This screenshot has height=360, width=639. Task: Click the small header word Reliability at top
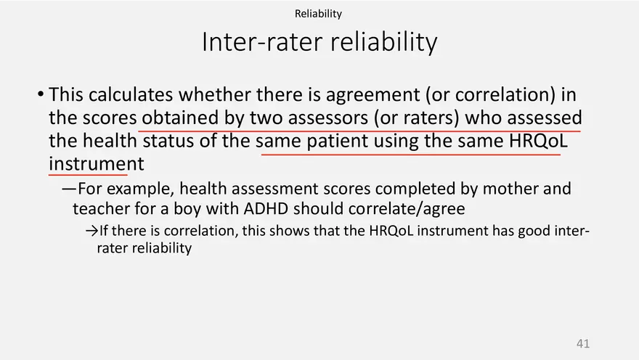[318, 14]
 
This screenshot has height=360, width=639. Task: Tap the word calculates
[131, 94]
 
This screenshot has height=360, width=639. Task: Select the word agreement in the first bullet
[373, 95]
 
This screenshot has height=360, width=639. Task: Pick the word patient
[338, 142]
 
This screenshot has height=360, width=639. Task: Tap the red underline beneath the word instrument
[88, 175]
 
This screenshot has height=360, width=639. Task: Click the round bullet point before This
[41, 94]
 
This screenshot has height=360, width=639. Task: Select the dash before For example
[69, 189]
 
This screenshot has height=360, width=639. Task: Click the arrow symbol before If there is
[92, 232]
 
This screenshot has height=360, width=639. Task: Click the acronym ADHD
[266, 208]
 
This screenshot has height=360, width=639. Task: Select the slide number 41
[583, 343]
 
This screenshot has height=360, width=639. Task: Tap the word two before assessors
[266, 118]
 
